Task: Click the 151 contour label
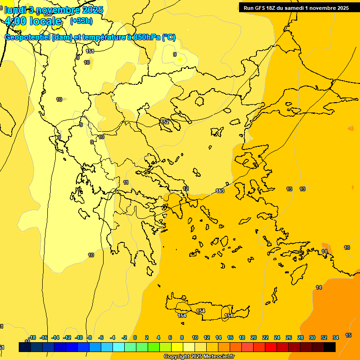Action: coord(90,51)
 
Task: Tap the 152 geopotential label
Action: coord(165,122)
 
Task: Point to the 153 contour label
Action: coord(220,191)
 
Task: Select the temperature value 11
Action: coord(126,182)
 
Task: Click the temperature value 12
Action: coord(186,188)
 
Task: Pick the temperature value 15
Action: coord(348,335)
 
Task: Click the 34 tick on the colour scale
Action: coord(336,337)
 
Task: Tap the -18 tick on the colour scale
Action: coord(32,337)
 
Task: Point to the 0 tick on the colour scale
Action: coord(135,337)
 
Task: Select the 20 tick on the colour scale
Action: coord(254,337)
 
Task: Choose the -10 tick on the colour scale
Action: coord(79,337)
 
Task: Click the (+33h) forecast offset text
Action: coord(81,21)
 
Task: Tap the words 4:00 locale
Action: coord(33,21)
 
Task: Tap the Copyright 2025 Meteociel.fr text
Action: coord(199,357)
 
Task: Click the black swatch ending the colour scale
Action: coord(330,347)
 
